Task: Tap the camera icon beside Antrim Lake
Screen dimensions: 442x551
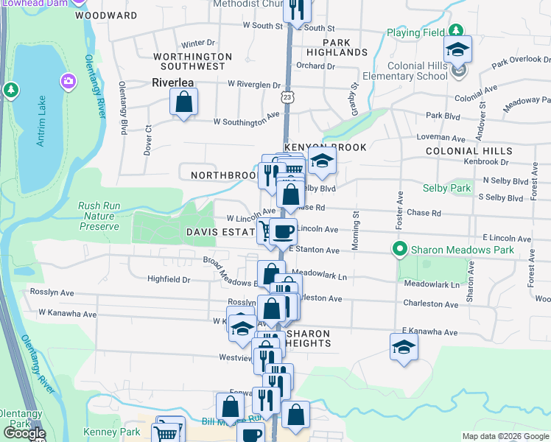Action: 68,80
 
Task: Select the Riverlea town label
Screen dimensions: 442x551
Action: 172,83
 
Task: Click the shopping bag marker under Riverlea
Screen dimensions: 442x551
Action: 183,102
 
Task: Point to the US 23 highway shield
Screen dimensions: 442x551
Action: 286,97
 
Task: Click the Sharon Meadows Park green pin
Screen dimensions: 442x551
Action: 400,250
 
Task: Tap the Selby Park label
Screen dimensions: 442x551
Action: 450,189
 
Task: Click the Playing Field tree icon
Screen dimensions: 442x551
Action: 457,30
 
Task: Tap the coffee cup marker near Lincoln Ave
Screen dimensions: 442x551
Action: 283,231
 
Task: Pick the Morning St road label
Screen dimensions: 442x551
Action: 354,231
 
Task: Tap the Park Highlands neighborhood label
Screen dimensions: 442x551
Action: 334,47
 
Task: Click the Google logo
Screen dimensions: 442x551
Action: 24,433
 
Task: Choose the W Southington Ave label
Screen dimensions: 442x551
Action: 248,119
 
